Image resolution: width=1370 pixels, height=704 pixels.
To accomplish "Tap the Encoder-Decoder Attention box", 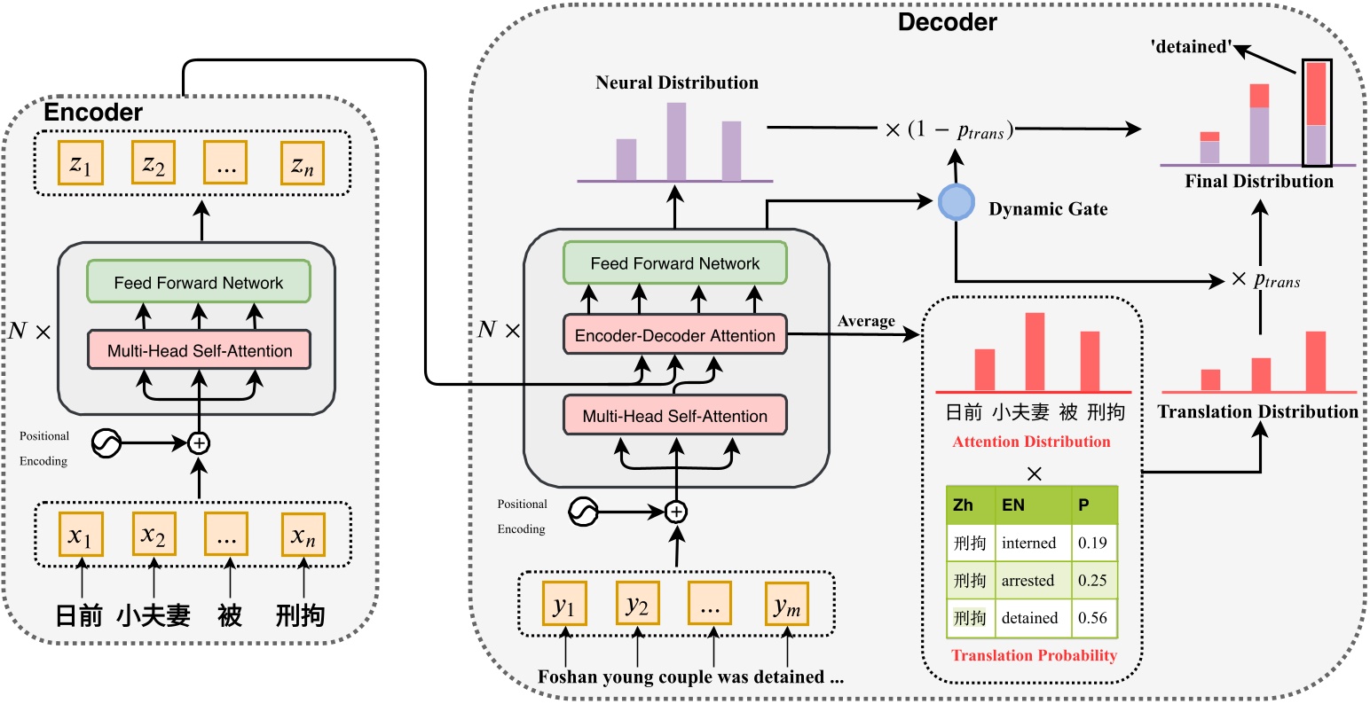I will [675, 335].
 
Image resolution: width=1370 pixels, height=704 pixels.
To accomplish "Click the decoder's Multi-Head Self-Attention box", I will [675, 416].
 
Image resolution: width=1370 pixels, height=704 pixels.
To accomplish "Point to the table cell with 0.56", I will [1093, 618].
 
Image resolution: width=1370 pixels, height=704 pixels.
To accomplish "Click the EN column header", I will [1013, 505].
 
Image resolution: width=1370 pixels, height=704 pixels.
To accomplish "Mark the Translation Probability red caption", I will [1034, 655].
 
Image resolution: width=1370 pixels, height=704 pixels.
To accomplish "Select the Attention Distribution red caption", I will [1031, 442].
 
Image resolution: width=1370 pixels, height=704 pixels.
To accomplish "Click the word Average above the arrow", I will [866, 321].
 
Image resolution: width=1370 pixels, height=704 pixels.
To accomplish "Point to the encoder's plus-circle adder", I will [199, 442].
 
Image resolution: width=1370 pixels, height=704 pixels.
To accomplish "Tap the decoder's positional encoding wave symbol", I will [583, 512].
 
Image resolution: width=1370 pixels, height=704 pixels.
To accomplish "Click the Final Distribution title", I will [1258, 182].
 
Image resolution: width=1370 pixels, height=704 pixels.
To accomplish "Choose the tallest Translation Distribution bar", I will [1315, 361].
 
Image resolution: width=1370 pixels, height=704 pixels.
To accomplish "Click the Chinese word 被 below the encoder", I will [230, 614].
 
